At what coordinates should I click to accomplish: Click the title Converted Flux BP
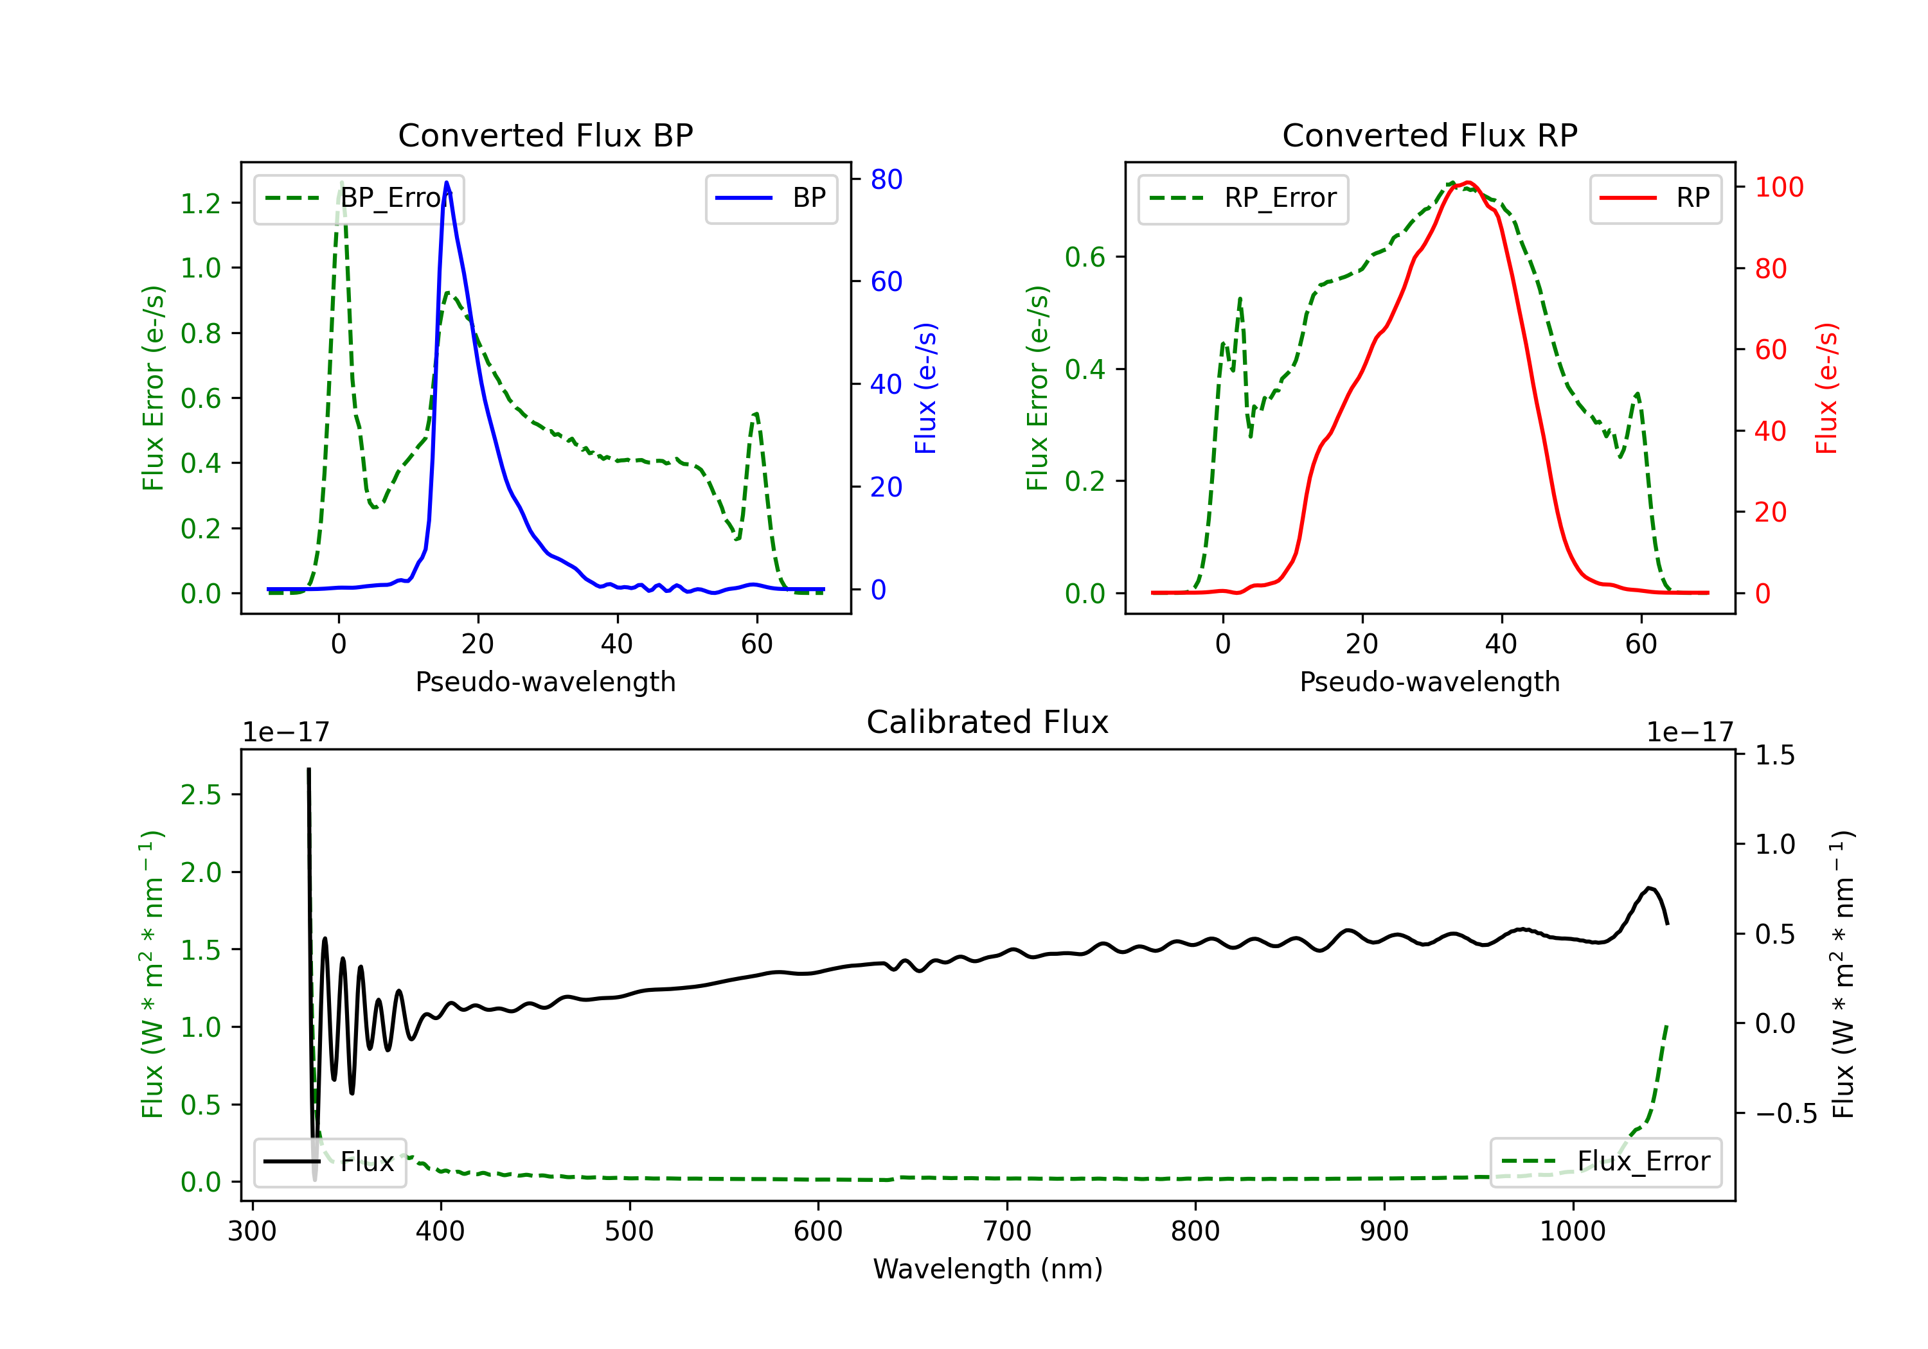click(x=545, y=135)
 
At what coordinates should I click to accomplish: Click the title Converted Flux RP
click(x=1429, y=135)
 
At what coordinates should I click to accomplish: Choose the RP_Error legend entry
click(x=1243, y=198)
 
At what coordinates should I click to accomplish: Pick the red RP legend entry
click(x=1655, y=198)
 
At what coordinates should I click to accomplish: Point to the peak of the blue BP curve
click(x=447, y=182)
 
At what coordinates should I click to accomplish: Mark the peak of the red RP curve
click(x=1466, y=183)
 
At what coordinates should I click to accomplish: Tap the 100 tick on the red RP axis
click(x=1778, y=187)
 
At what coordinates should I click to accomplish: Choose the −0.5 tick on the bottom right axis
click(x=1785, y=1114)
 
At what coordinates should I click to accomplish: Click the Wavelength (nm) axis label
click(x=988, y=1269)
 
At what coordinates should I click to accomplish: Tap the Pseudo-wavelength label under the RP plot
click(x=1429, y=682)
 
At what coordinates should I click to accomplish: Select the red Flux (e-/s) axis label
click(x=1826, y=388)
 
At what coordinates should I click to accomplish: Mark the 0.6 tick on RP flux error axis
click(x=1085, y=257)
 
